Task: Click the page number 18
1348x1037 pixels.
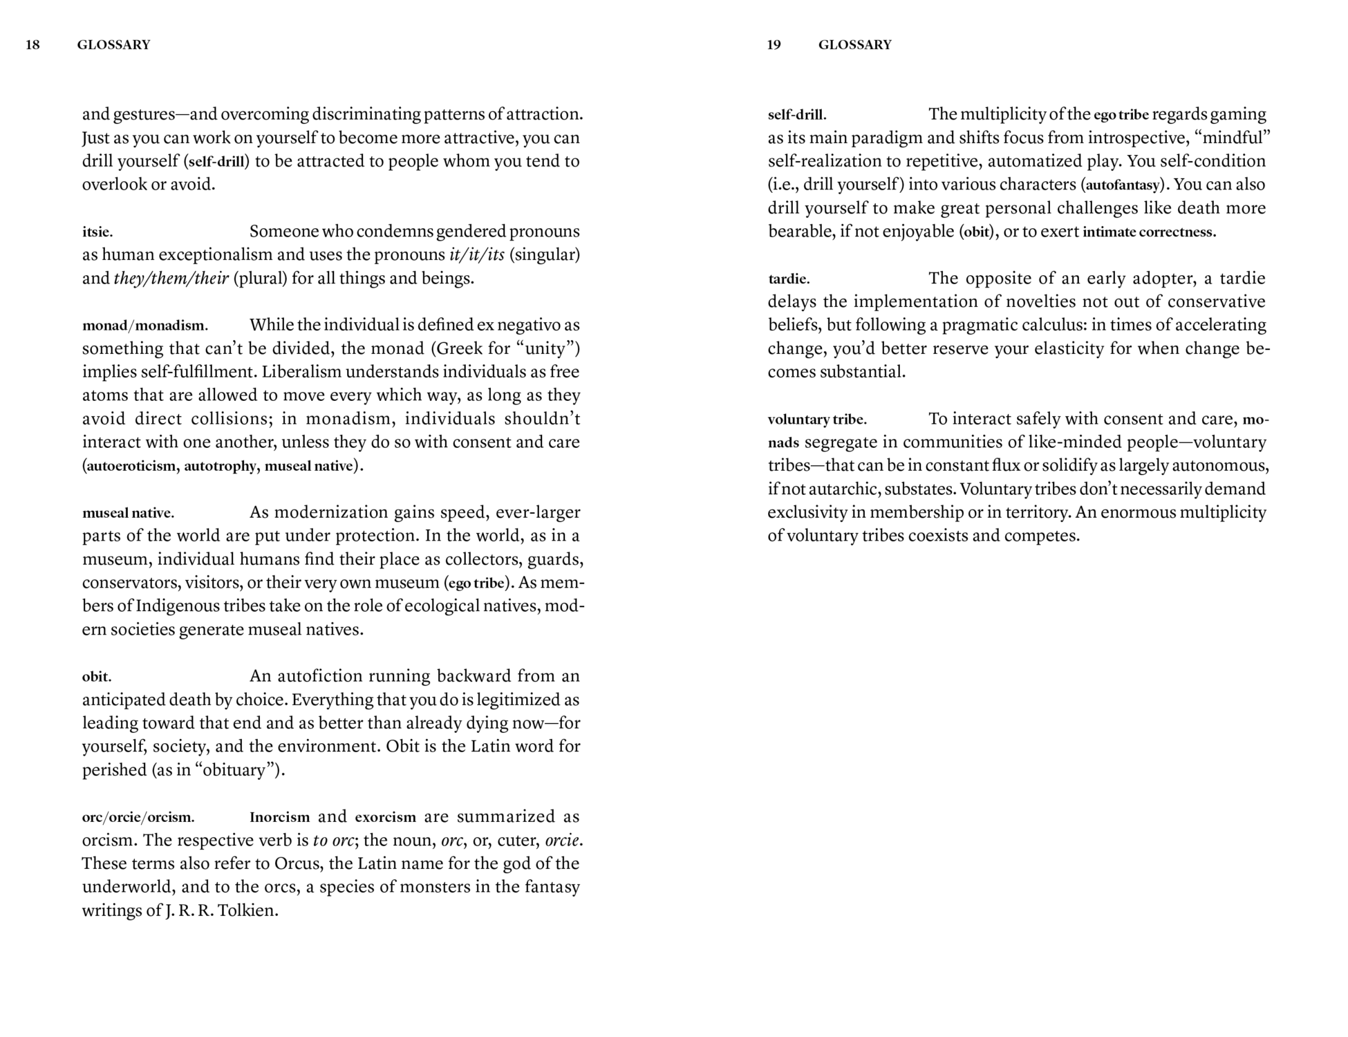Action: click(x=32, y=45)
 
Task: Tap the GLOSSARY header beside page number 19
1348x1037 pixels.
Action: click(x=854, y=45)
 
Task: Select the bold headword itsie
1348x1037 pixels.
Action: click(x=97, y=232)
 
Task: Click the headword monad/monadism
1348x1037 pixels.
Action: click(x=144, y=326)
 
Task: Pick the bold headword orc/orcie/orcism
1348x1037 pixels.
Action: click(x=138, y=817)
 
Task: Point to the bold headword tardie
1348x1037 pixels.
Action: click(x=788, y=279)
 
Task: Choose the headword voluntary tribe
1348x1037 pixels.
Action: click(x=816, y=420)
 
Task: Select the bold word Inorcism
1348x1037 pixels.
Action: click(x=279, y=817)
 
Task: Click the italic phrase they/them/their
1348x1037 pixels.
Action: click(x=171, y=279)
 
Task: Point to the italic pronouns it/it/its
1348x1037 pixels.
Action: click(x=477, y=255)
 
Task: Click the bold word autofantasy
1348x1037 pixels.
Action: click(x=1123, y=185)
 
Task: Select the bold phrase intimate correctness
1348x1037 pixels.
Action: click(x=1148, y=232)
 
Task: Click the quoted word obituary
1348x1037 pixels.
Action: click(x=234, y=770)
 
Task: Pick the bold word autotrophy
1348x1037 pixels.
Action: click(x=220, y=466)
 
